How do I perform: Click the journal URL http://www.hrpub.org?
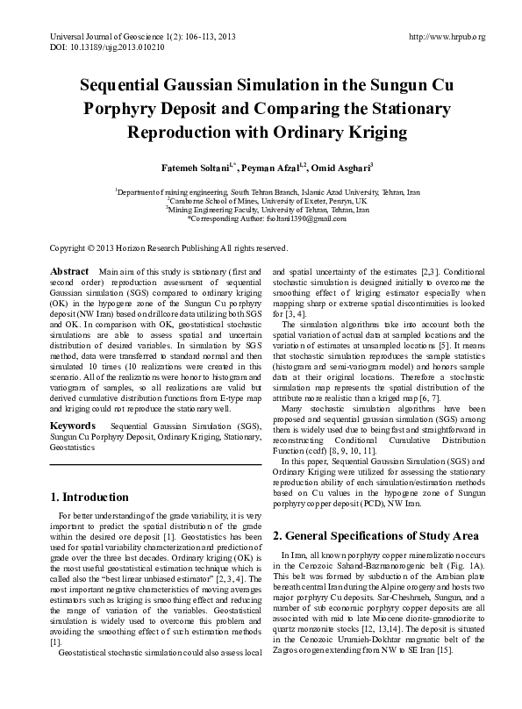coord(447,36)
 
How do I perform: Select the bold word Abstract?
coord(69,273)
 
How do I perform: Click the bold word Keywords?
coord(73,426)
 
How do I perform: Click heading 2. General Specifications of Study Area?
coord(375,535)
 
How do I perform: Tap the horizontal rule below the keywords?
coord(155,464)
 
